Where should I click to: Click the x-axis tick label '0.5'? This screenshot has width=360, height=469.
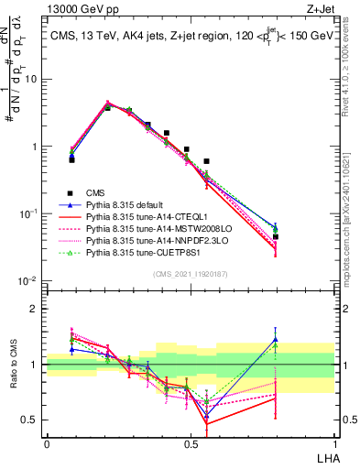(x=190, y=442)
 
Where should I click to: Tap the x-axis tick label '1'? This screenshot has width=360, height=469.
(x=333, y=442)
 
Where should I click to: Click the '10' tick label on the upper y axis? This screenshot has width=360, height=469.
(x=33, y=79)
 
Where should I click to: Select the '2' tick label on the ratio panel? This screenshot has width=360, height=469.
(x=37, y=309)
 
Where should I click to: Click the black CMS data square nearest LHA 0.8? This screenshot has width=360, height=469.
(x=276, y=237)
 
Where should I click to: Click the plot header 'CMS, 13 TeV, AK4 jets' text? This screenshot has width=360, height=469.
(x=119, y=34)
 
